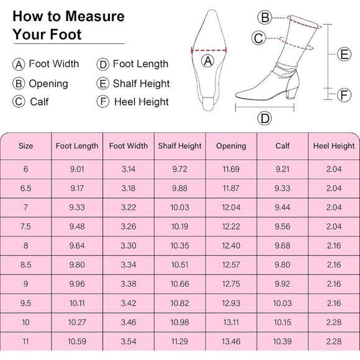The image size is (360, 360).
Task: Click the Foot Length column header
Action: pos(77,146)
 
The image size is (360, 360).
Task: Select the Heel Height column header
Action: pos(334,146)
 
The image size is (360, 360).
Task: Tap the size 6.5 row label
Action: pos(25,188)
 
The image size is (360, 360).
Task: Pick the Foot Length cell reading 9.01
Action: pos(77,169)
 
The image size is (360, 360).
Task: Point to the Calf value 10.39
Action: pos(282,341)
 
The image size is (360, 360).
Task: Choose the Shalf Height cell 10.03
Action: pos(180,207)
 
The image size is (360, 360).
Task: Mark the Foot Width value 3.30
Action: pos(128,246)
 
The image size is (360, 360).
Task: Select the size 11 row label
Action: pos(25,341)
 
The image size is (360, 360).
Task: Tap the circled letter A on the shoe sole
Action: pos(209,60)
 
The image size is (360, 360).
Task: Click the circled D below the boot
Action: pos(265,118)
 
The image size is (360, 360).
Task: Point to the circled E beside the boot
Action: pos(345,54)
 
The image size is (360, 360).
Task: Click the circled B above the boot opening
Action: pos(265,17)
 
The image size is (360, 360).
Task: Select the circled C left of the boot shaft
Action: pos(259,38)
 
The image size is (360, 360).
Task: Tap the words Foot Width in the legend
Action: pos(54,64)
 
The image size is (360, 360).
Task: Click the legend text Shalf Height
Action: pos(141,83)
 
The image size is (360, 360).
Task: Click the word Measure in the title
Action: pos(94,16)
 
